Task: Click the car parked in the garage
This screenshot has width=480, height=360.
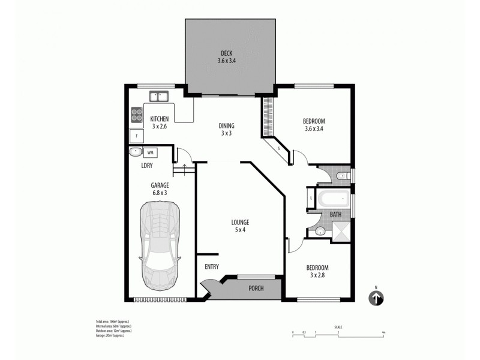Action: [159, 246]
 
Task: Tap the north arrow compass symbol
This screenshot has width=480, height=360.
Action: [376, 298]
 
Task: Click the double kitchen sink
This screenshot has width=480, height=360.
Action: [159, 95]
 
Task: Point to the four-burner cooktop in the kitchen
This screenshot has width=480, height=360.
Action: [137, 113]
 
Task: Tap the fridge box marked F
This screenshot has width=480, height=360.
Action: [137, 136]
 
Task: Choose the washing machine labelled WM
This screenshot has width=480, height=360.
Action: [149, 152]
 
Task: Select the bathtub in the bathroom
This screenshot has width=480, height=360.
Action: [329, 197]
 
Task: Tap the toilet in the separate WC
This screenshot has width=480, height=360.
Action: [340, 176]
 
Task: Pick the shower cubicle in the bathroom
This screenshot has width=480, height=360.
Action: [341, 231]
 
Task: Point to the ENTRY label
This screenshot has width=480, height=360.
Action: [211, 267]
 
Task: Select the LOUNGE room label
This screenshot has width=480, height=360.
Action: [240, 222]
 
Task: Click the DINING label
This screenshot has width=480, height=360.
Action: [226, 125]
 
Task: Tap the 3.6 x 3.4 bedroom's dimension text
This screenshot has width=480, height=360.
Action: [315, 128]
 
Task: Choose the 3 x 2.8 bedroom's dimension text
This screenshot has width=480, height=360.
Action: [317, 275]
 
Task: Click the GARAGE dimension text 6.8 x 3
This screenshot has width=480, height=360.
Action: [159, 193]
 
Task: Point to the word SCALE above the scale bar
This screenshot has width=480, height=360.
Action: [338, 327]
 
